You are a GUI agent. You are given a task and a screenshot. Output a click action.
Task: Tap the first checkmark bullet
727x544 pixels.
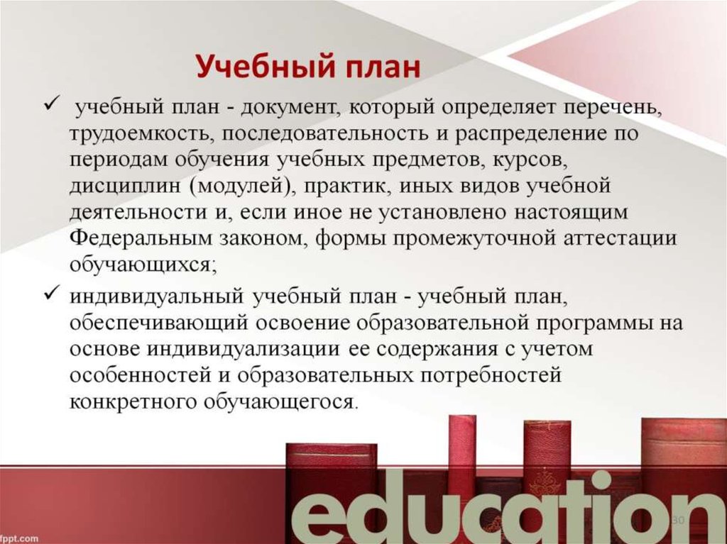pyautogui.click(x=51, y=106)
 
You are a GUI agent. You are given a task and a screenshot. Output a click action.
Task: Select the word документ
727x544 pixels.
pyautogui.click(x=284, y=109)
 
